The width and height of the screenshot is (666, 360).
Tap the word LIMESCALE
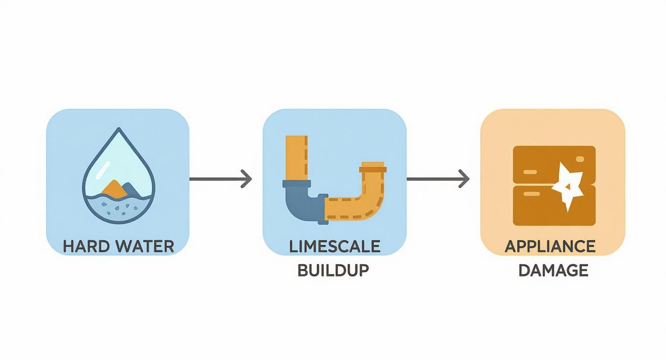tap(334, 246)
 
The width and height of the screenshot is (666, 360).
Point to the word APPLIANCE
tap(550, 246)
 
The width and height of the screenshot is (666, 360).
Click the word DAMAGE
tap(553, 270)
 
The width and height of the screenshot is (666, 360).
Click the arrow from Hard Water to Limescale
tap(220, 179)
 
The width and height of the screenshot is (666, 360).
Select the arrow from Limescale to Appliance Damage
tap(437, 179)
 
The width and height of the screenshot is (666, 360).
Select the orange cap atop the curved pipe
tap(373, 167)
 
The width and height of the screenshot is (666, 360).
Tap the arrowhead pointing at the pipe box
tap(247, 179)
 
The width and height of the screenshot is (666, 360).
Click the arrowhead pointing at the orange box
tap(464, 179)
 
